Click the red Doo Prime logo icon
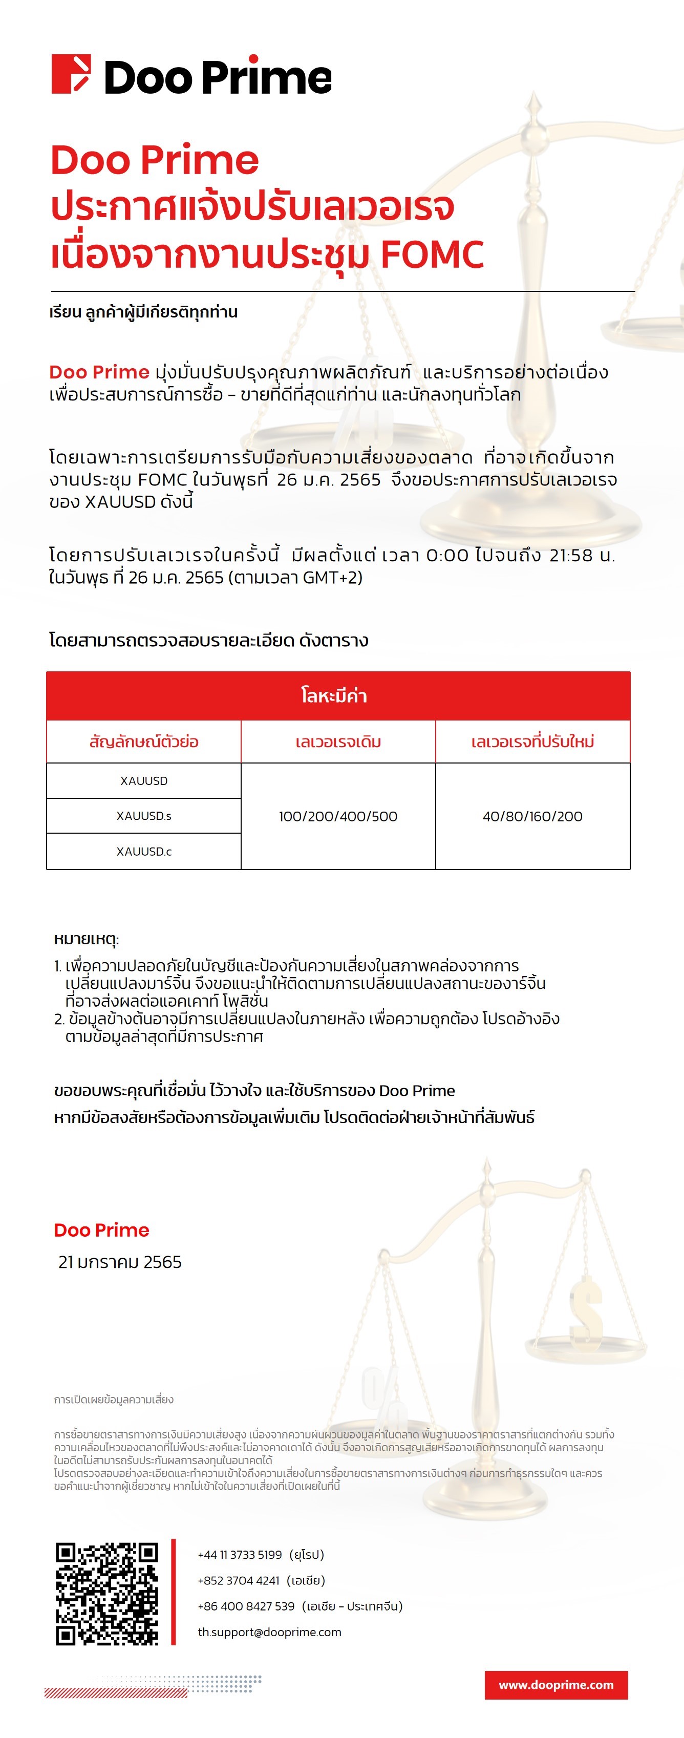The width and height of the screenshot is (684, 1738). click(x=71, y=74)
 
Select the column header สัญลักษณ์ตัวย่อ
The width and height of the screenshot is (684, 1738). click(x=144, y=742)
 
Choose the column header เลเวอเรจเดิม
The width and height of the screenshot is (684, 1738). click(x=338, y=742)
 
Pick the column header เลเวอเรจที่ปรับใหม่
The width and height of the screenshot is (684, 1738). click(x=532, y=742)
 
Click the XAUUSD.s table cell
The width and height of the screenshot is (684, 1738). click(x=144, y=816)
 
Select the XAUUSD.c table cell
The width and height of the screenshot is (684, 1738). click(x=144, y=852)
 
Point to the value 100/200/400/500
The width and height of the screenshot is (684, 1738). click(x=338, y=816)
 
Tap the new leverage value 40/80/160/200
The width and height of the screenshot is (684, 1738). click(x=532, y=816)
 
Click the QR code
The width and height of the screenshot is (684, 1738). click(x=106, y=1594)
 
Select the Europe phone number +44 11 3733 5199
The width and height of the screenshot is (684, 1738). click(x=240, y=1555)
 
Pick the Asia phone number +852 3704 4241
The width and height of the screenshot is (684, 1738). click(x=238, y=1580)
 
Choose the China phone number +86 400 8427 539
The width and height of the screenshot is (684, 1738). click(x=246, y=1606)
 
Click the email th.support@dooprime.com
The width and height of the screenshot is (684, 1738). click(x=269, y=1632)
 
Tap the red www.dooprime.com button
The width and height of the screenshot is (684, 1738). click(x=556, y=1685)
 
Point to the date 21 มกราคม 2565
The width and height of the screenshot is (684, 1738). click(x=120, y=1262)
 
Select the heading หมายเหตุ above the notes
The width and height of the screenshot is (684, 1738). click(x=85, y=939)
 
